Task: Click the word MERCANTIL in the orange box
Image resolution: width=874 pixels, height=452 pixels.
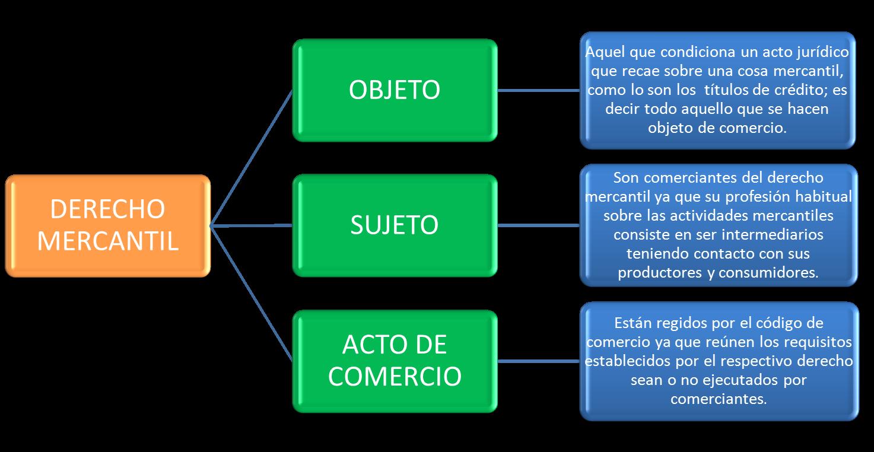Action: coord(107,241)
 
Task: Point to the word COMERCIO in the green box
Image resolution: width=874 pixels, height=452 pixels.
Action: coord(395,376)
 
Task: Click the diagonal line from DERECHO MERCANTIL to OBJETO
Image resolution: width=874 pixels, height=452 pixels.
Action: coord(252,157)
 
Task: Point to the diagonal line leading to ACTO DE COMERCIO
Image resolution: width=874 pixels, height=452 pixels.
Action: coord(252,294)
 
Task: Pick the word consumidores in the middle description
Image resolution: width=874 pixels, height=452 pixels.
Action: coord(768,272)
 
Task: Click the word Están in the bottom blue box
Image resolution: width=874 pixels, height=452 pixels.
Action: coord(632,323)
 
